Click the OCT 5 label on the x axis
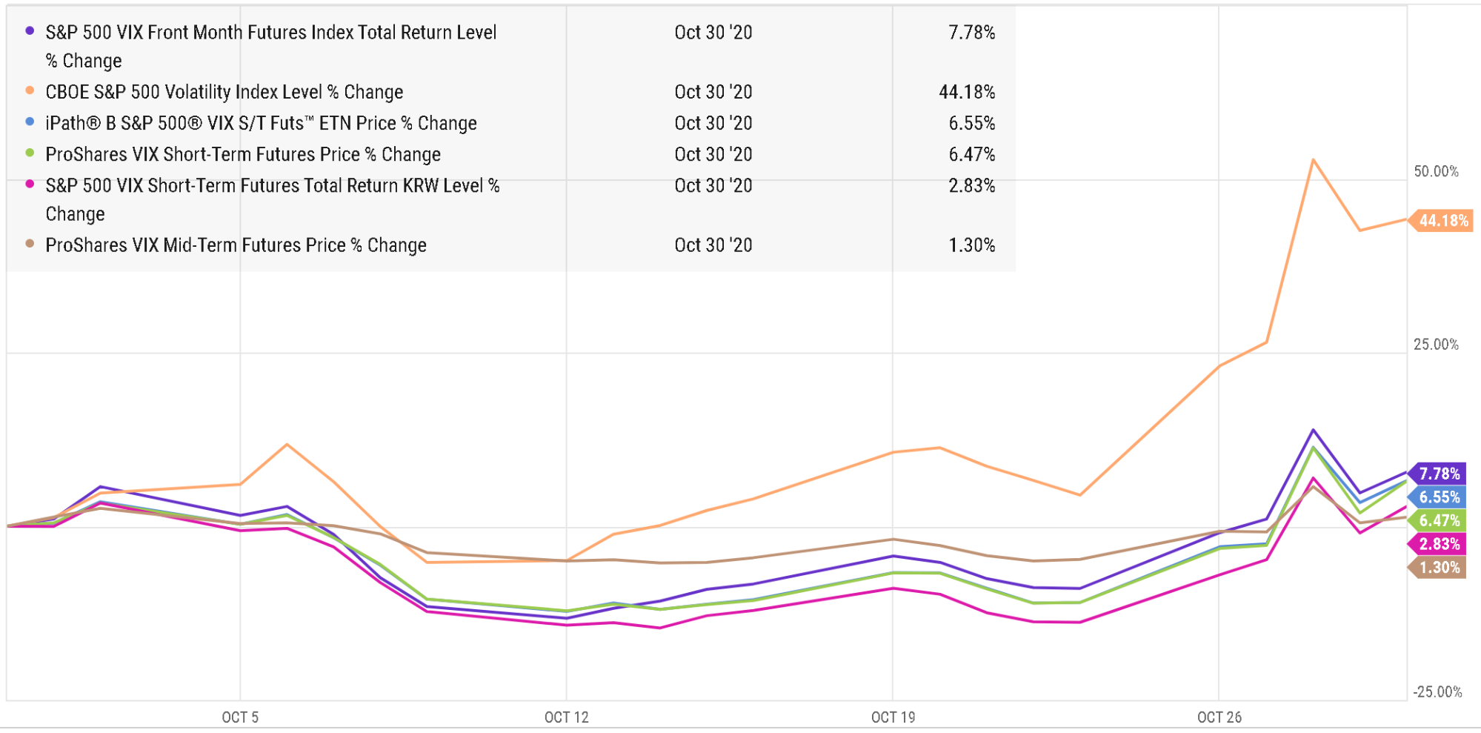[x=240, y=717]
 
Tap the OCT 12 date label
[x=566, y=717]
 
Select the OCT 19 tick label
[x=893, y=717]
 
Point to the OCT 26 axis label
[x=1219, y=717]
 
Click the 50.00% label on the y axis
[x=1436, y=171]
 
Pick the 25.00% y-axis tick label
[x=1436, y=344]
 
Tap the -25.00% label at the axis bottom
[x=1437, y=691]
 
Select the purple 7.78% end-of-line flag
[x=1439, y=474]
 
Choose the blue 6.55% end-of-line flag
[x=1439, y=497]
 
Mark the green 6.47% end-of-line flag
[x=1439, y=520]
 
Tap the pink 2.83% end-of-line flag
[x=1439, y=544]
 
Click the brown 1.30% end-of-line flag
[x=1439, y=568]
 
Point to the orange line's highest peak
[x=1313, y=160]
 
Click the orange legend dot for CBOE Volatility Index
[x=30, y=90]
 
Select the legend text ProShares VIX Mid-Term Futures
[x=236, y=245]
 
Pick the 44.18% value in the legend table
[x=967, y=92]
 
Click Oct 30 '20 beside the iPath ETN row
[x=713, y=123]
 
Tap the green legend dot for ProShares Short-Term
[x=30, y=153]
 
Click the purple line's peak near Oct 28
[x=1313, y=430]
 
